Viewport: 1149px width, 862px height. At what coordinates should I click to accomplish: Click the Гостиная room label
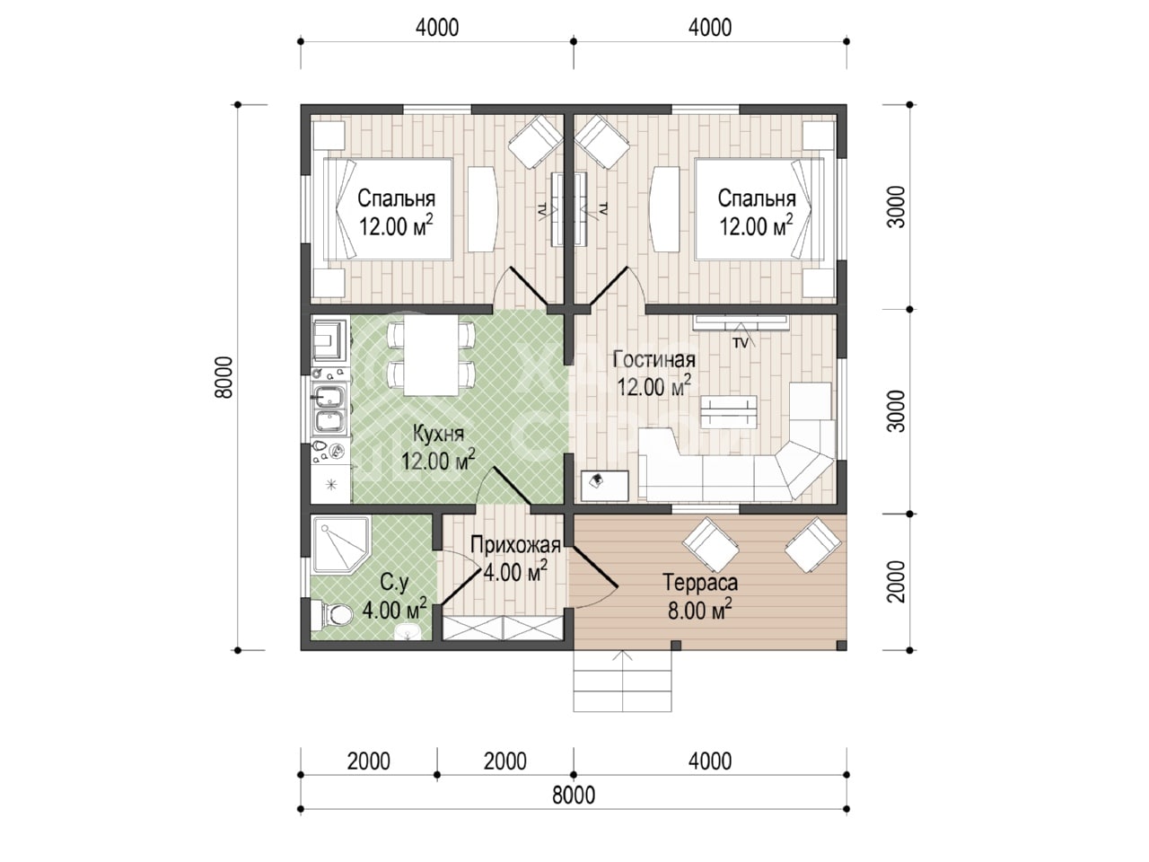(653, 359)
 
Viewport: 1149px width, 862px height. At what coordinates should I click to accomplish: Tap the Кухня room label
(438, 434)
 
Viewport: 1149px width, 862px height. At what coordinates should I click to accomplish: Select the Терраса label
(700, 582)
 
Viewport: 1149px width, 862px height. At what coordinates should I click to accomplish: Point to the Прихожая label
(515, 545)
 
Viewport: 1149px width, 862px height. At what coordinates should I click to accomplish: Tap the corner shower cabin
(341, 544)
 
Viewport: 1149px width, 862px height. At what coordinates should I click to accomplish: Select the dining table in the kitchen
(430, 355)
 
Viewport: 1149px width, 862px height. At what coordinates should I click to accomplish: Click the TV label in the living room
(741, 343)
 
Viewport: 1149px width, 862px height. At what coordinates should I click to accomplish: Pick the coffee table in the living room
(728, 412)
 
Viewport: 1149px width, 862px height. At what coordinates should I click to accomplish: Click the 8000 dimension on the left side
(224, 377)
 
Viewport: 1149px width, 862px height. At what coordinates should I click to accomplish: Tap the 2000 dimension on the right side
(897, 582)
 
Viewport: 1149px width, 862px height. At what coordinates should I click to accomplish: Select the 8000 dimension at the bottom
(574, 796)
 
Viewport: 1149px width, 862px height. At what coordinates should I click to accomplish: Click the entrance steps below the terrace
(622, 681)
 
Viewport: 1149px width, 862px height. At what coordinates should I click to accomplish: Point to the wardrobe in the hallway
(503, 628)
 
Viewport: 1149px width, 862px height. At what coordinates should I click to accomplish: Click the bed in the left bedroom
(388, 209)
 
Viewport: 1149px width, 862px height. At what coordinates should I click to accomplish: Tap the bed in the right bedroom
(759, 209)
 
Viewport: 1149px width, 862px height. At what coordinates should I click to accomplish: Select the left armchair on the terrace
(711, 545)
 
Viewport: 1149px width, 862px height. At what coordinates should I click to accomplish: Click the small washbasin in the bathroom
(408, 632)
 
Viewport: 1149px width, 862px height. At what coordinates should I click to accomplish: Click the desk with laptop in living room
(605, 486)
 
